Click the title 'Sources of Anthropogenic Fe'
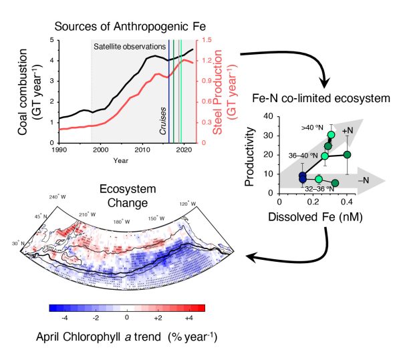pos(130,27)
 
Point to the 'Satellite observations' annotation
pos(130,47)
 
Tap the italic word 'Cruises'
pos(163,121)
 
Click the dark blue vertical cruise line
pos(169,92)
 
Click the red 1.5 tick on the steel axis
pos(207,40)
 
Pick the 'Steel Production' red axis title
pos(217,92)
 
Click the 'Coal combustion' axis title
pos(23,92)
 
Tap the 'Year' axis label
pos(121,161)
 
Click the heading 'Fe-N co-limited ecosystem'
pos(321,98)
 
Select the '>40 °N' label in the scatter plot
pos(312,128)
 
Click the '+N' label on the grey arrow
pos(348,130)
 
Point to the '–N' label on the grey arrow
pos(364,180)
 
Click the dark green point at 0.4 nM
pos(347,154)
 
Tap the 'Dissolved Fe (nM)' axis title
pos(315,217)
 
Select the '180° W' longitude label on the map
pos(122,222)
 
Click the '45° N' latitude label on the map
pos(41,216)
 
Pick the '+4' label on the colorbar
pos(188,318)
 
